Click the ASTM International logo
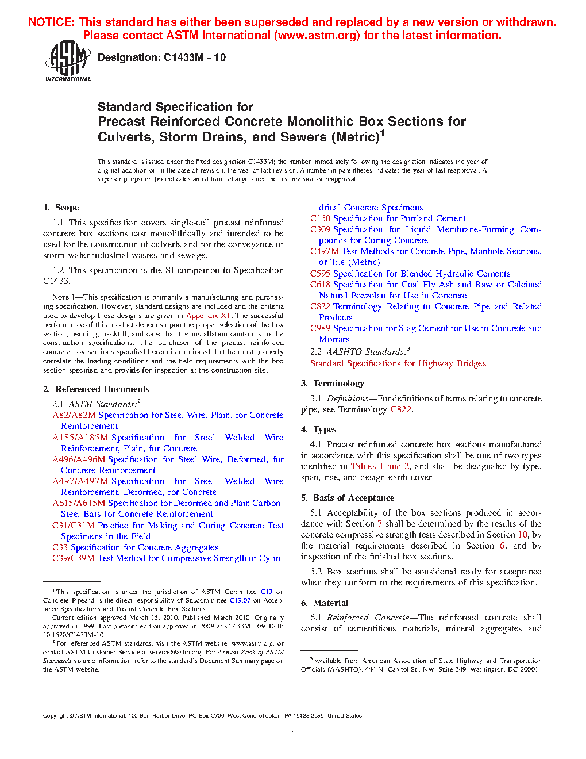pos(68,60)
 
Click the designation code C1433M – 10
pos(194,57)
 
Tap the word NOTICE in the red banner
pos(51,22)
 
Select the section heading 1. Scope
pos(61,208)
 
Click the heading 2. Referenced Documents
pos(97,389)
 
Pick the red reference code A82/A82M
pos(74,415)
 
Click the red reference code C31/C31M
pos(74,526)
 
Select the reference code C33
pos(60,547)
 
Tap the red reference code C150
pos(320,218)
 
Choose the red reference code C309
pos(320,229)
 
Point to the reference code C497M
pos(325,251)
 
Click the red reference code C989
pos(320,328)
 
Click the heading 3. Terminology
pos(333,384)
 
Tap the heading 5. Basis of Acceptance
pos(348,498)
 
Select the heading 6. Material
pos(325,603)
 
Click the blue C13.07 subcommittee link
pos(240,600)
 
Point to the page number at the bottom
pos(292,730)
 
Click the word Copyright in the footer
pos(56,716)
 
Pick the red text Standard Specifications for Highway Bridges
pos(398,363)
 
